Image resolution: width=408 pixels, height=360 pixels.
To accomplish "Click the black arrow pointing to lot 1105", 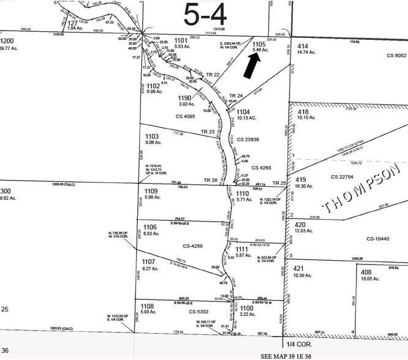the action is pyautogui.click(x=251, y=65).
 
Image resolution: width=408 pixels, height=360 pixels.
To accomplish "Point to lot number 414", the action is pyautogui.click(x=302, y=46).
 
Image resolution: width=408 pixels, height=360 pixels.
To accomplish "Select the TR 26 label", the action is pyautogui.click(x=211, y=180).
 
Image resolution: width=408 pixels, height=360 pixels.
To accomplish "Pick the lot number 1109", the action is pyautogui.click(x=151, y=190).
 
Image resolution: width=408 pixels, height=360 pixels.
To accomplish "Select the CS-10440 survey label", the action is pyautogui.click(x=379, y=239).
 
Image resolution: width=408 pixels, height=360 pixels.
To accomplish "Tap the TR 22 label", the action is pyautogui.click(x=195, y=74).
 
